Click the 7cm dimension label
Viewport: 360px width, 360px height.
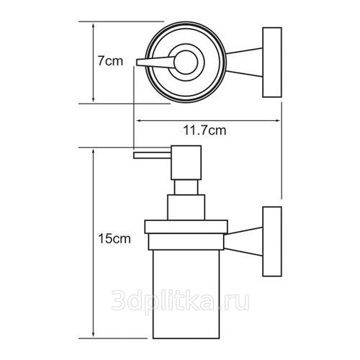[x=110, y=60]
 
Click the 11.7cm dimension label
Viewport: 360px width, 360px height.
[x=204, y=130]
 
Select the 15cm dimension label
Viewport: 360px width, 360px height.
[x=114, y=238]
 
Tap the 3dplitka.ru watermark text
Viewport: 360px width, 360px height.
[x=181, y=300]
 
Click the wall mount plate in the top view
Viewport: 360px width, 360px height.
[x=272, y=63]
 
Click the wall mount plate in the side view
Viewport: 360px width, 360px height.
[x=272, y=241]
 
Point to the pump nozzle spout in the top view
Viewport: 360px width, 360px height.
[x=156, y=62]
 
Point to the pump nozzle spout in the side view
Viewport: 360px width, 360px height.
[x=152, y=156]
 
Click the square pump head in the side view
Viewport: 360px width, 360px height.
[x=186, y=163]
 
